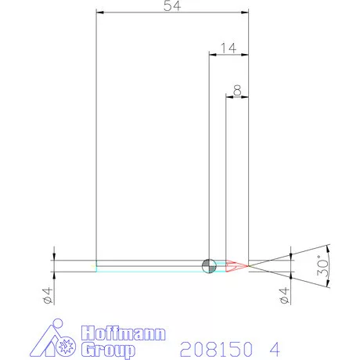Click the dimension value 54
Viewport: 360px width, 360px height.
[171, 6]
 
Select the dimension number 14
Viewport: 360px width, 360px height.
[228, 48]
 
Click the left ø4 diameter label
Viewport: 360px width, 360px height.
[48, 295]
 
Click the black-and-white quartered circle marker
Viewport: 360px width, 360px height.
[208, 265]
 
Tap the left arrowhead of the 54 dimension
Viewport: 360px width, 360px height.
[99, 12]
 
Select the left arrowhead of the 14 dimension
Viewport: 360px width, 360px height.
[211, 54]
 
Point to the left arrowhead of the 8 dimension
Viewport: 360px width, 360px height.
[229, 97]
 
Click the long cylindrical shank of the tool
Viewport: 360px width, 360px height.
[149, 265]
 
